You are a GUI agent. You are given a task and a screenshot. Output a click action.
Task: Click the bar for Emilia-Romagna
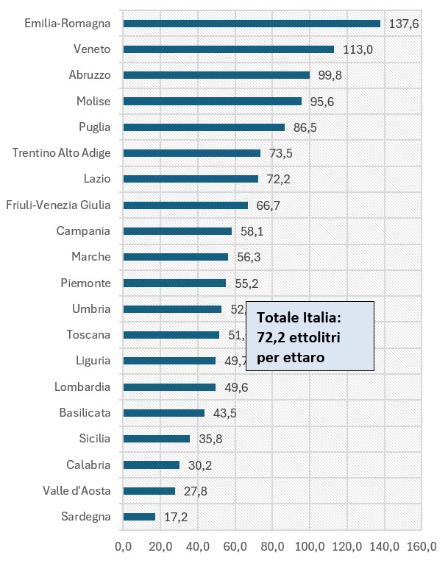252,24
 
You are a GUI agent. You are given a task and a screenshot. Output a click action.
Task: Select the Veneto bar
229,49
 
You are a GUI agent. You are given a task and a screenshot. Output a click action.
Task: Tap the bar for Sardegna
140,517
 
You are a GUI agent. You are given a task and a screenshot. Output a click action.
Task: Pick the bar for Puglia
204,127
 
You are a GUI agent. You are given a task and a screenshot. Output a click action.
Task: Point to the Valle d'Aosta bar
149,491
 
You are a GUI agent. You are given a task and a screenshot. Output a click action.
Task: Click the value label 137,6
403,24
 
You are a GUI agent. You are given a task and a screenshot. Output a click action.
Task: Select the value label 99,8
328,75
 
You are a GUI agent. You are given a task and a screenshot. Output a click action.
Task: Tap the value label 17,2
175,517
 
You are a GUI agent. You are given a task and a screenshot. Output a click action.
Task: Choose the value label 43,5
223,413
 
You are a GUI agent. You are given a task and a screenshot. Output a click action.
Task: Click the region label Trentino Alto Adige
62,153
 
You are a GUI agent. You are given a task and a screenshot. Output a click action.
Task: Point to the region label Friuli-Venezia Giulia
58,205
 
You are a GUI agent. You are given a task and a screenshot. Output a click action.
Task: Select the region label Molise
93,102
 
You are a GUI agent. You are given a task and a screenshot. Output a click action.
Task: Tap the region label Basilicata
85,413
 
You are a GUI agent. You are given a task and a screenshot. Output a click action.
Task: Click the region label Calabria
88,465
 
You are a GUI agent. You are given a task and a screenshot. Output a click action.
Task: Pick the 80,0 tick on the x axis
271,546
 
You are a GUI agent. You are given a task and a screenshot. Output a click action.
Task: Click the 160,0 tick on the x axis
422,546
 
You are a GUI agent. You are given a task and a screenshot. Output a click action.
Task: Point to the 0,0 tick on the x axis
123,546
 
